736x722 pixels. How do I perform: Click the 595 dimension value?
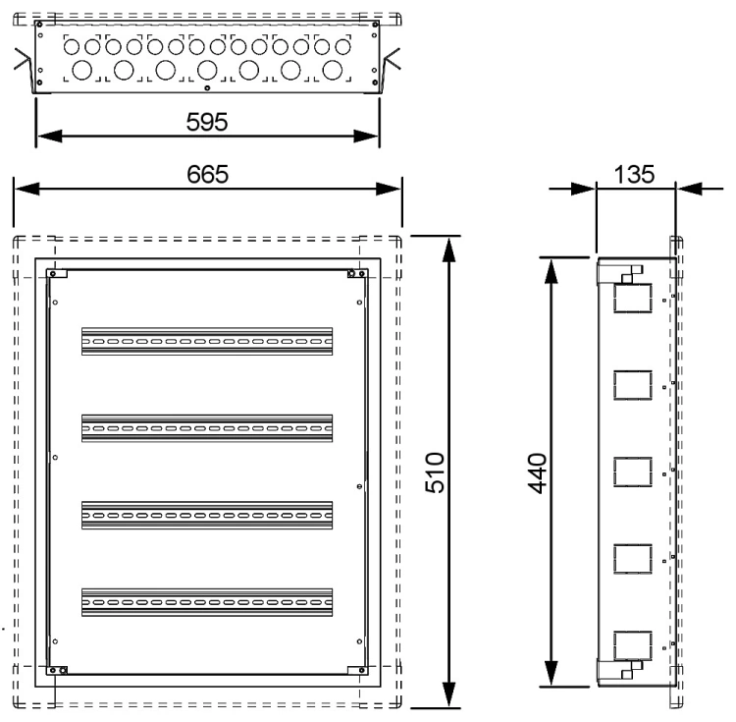[x=207, y=122]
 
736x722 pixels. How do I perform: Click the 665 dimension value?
[x=207, y=174]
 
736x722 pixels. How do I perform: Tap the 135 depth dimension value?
[x=634, y=174]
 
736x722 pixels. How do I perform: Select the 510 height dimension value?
[x=435, y=472]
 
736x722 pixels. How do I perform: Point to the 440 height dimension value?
[x=538, y=473]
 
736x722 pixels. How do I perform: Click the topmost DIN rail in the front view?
[x=207, y=342]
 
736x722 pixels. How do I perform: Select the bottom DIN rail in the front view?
[x=207, y=602]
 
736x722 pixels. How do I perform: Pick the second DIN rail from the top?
[x=207, y=428]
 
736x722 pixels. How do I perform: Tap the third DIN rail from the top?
[x=207, y=516]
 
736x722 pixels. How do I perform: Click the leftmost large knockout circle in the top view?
[x=82, y=71]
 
